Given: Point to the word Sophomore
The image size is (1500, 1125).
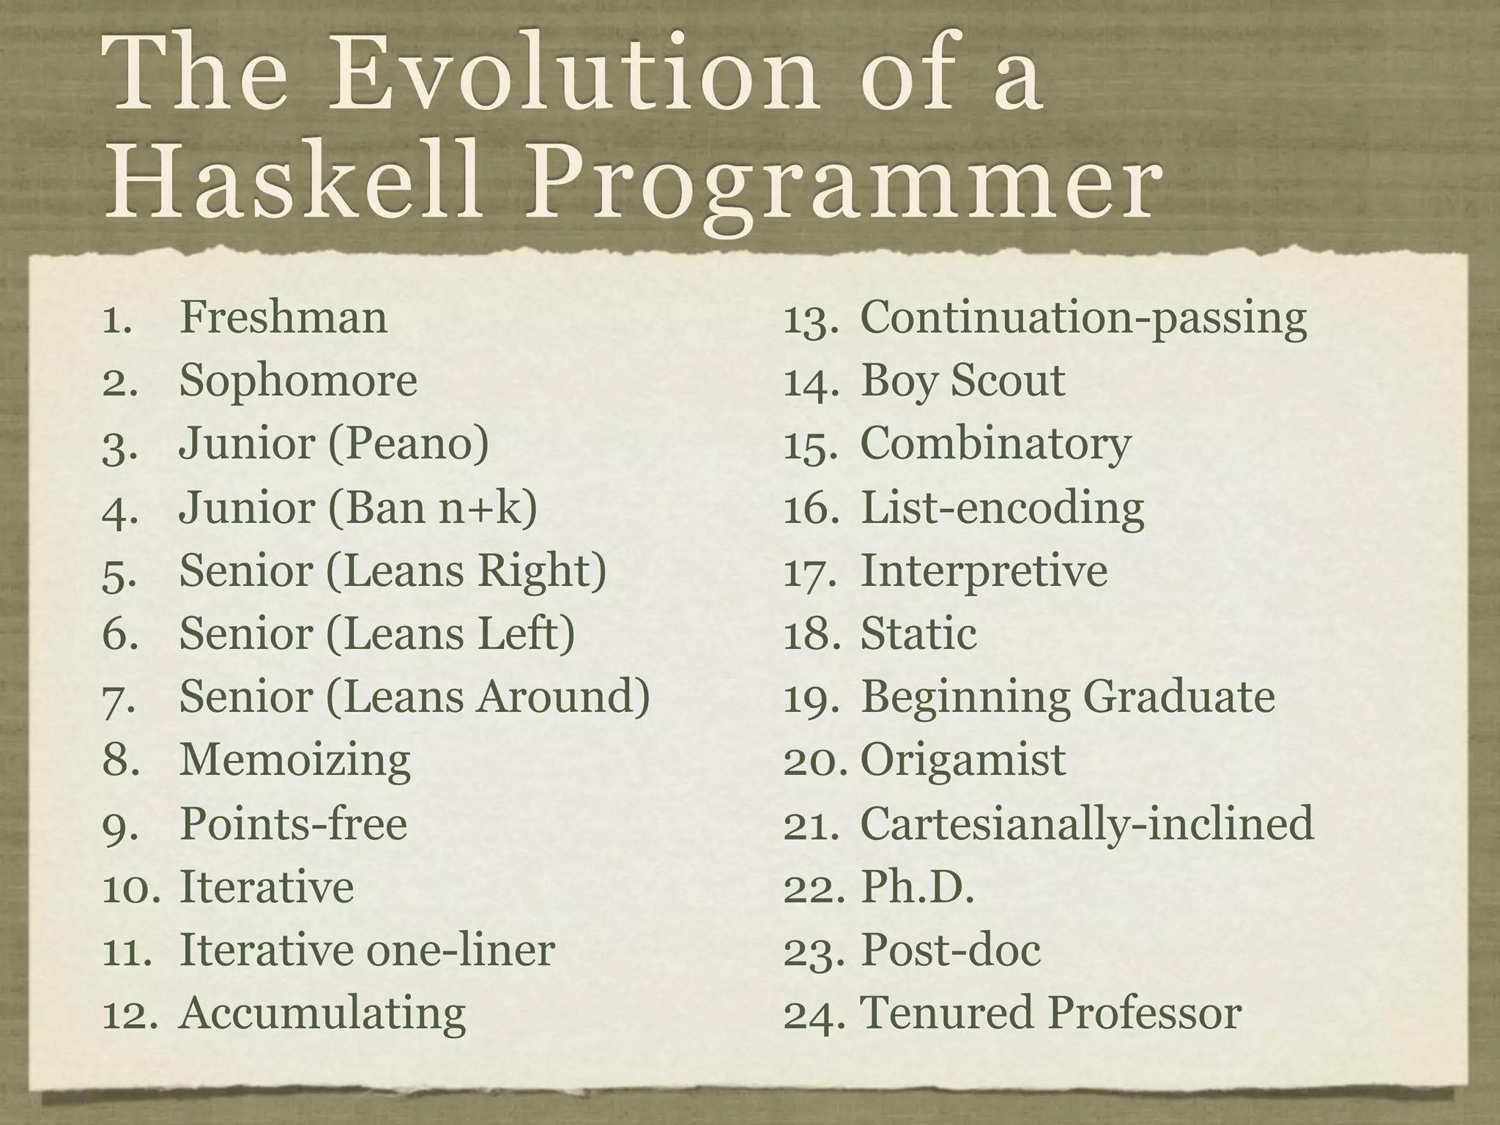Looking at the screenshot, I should (298, 382).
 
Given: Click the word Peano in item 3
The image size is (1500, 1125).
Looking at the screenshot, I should (409, 445).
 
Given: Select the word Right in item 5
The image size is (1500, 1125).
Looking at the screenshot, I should (541, 571).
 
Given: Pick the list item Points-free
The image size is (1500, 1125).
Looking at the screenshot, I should (293, 824).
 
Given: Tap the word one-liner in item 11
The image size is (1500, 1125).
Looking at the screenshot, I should (460, 950).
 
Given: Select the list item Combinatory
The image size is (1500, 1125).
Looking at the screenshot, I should (995, 445).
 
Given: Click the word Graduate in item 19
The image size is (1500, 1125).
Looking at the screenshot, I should (1178, 697).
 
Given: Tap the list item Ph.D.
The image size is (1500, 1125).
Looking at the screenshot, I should (917, 887).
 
